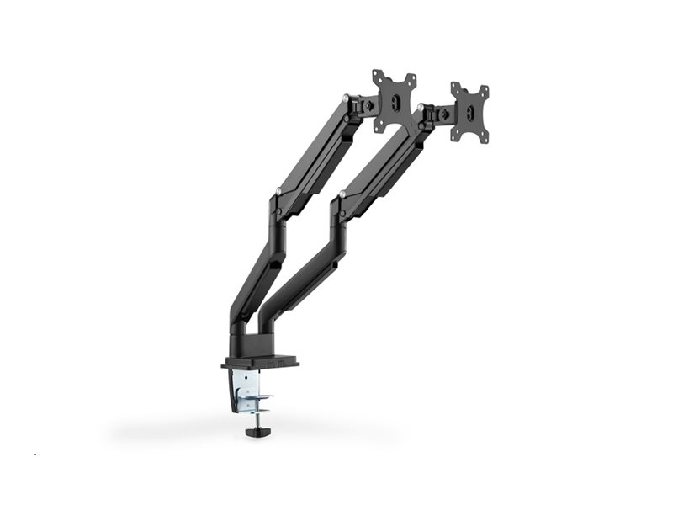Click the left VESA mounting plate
[x=394, y=100]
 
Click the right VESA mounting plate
[x=469, y=112]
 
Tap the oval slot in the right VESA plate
[x=469, y=113]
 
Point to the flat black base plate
[x=260, y=364]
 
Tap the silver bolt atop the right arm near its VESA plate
[x=418, y=109]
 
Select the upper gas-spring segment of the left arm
[x=315, y=151]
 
